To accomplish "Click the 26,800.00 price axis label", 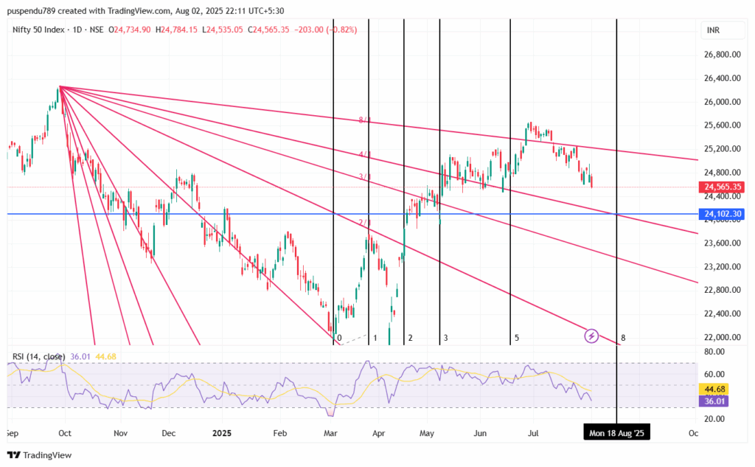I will pyautogui.click(x=722, y=55).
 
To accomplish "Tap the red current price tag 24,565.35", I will pyautogui.click(x=722, y=187).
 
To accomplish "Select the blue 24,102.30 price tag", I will pyautogui.click(x=722, y=215).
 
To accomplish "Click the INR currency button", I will pyautogui.click(x=713, y=31).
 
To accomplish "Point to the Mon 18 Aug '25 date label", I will pyautogui.click(x=616, y=433).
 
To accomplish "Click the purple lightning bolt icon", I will pyautogui.click(x=591, y=336).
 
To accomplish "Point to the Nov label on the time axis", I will pyautogui.click(x=121, y=433).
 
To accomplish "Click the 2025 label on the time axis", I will pyautogui.click(x=222, y=433).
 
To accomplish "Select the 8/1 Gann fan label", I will pyautogui.click(x=364, y=120).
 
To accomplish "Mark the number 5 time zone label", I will pyautogui.click(x=517, y=338).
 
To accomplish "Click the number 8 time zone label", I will pyautogui.click(x=623, y=338).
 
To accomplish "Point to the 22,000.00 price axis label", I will pyautogui.click(x=722, y=337).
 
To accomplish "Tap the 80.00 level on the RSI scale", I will pyautogui.click(x=714, y=352).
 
